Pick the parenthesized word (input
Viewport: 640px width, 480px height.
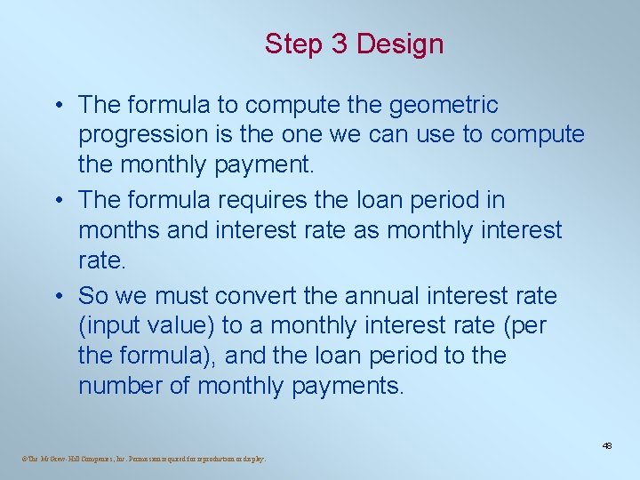pos(110,325)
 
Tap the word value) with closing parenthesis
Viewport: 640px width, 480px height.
pos(180,325)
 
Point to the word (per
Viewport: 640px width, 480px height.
pos(524,325)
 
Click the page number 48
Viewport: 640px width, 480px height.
pos(608,445)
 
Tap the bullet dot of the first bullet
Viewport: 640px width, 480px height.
pos(56,106)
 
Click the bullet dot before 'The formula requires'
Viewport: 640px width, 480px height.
pos(56,201)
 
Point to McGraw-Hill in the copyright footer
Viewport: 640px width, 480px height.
pos(58,460)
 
